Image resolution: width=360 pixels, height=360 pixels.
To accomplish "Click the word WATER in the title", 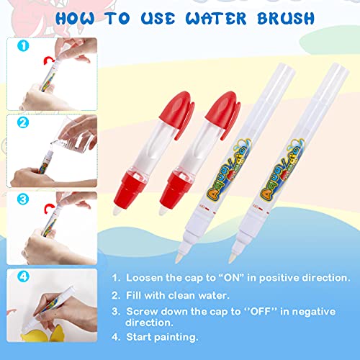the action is pos(216,19).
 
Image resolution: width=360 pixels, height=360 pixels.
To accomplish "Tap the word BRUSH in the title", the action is pos(286,19).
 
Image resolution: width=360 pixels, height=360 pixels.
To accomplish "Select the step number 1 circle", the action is pos(23,45).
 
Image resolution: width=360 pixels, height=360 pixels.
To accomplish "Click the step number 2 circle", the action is pos(23,122).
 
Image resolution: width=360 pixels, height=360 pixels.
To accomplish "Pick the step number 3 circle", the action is pos(23,199).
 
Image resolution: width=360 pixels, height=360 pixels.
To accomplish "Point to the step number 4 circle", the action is pos(23,276).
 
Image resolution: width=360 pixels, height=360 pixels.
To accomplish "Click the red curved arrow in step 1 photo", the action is pos(49,60).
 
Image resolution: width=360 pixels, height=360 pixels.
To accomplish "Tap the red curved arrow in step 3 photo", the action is pos(50,208).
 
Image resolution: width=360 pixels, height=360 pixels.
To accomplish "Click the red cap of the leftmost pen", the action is pos(177,113).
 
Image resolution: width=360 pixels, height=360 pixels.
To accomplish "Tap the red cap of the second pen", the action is pos(222,113).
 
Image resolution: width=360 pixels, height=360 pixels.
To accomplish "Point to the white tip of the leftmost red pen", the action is pos(117,212).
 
